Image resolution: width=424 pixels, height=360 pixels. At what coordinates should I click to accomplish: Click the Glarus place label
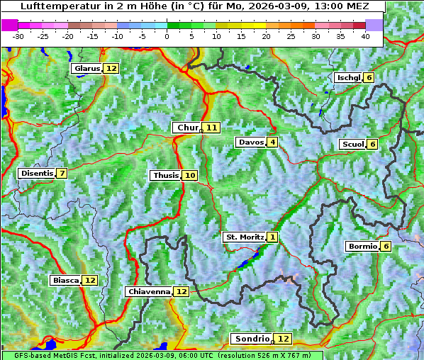pos(87,69)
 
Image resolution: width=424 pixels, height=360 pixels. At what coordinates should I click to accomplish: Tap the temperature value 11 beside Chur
pos(212,128)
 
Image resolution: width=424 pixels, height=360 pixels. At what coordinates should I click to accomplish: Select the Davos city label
pos(251,142)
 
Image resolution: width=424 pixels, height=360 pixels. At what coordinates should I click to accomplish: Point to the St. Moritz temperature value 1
pos(273,237)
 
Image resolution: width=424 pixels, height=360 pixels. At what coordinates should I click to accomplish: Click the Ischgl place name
pos(348,77)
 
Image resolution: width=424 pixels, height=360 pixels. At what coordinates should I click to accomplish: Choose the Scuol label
pos(352,144)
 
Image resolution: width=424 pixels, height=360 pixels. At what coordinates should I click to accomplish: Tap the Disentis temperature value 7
pos(62,174)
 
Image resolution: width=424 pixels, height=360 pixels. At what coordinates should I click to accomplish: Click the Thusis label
pos(165,175)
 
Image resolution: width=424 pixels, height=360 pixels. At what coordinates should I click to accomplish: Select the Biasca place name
pos(65,280)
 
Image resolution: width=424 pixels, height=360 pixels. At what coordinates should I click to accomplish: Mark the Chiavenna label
pos(149,291)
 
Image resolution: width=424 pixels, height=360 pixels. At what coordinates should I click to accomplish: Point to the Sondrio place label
pos(252,339)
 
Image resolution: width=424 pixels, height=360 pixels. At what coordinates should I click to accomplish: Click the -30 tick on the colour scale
pos(18,36)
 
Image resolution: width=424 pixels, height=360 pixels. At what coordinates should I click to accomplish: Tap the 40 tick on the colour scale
pos(365,36)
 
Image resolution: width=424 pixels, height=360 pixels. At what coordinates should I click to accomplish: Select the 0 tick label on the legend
pos(167,36)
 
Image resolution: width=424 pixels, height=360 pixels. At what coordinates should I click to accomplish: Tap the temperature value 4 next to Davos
pos(273,142)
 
